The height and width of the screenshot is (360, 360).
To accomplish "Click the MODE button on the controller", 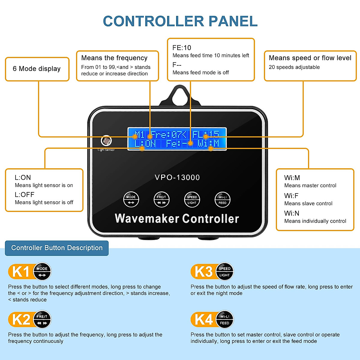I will point(131,199).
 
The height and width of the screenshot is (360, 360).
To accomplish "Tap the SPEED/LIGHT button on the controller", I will point(192,199).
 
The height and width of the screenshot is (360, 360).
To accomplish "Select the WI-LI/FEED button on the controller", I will point(223,199).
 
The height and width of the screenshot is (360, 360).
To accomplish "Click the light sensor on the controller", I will point(106,140).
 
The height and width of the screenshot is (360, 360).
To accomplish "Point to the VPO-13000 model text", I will point(177,177).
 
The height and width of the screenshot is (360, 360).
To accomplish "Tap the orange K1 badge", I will point(20,272).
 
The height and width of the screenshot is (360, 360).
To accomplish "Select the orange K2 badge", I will point(20,319).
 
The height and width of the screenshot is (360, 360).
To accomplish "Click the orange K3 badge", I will point(203,272).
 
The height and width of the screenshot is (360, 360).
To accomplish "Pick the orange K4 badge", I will point(203,319).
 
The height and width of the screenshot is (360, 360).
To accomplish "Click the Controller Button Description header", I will point(57,248).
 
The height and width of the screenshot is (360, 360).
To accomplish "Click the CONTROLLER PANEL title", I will point(180,21).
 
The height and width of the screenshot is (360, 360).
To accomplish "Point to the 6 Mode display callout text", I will point(37,69).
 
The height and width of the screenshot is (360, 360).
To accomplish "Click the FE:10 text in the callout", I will point(181,48).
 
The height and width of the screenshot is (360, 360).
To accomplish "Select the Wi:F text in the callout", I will point(291,196).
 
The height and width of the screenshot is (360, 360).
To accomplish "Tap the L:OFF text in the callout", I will point(24,194).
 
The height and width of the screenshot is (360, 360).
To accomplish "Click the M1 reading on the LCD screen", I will point(139,134).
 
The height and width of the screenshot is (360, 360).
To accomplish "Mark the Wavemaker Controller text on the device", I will point(177,219).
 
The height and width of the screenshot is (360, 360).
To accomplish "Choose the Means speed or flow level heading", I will point(310,58).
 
